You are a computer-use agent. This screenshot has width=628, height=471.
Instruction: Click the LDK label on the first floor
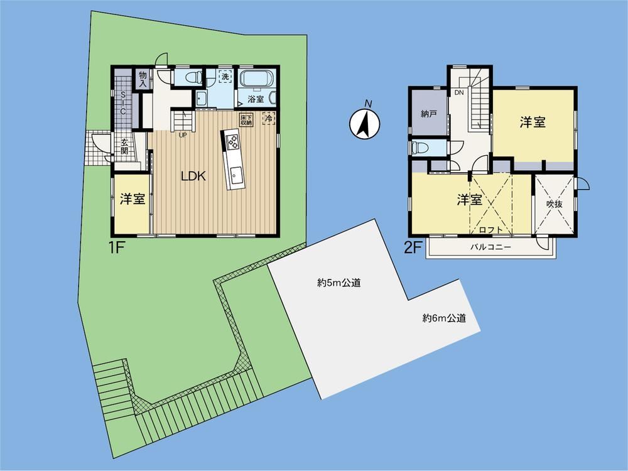193,176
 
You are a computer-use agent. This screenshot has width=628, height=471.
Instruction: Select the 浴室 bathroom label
256,99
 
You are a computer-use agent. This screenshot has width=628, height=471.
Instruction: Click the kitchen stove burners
232,142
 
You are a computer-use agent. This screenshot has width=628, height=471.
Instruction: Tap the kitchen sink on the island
235,175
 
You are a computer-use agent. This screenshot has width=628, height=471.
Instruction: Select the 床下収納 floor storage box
246,120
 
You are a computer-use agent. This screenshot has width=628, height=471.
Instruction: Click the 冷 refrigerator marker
269,119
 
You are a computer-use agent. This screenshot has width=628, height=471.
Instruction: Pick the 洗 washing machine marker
225,76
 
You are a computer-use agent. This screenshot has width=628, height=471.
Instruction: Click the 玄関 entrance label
124,146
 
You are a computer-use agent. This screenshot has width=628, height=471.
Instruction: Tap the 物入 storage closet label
143,79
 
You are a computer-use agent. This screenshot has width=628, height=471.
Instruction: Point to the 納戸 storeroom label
428,114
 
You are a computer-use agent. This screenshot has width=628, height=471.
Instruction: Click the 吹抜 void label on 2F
555,204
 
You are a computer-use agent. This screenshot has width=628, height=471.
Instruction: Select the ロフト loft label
490,230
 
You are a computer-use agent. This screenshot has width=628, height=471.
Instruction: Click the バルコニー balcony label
490,247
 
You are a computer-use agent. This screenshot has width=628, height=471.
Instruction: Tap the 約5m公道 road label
339,283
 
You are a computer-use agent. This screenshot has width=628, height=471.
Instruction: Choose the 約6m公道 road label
445,318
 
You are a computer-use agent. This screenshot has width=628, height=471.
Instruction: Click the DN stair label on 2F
459,92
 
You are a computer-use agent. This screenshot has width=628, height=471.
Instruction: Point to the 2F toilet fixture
419,148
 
